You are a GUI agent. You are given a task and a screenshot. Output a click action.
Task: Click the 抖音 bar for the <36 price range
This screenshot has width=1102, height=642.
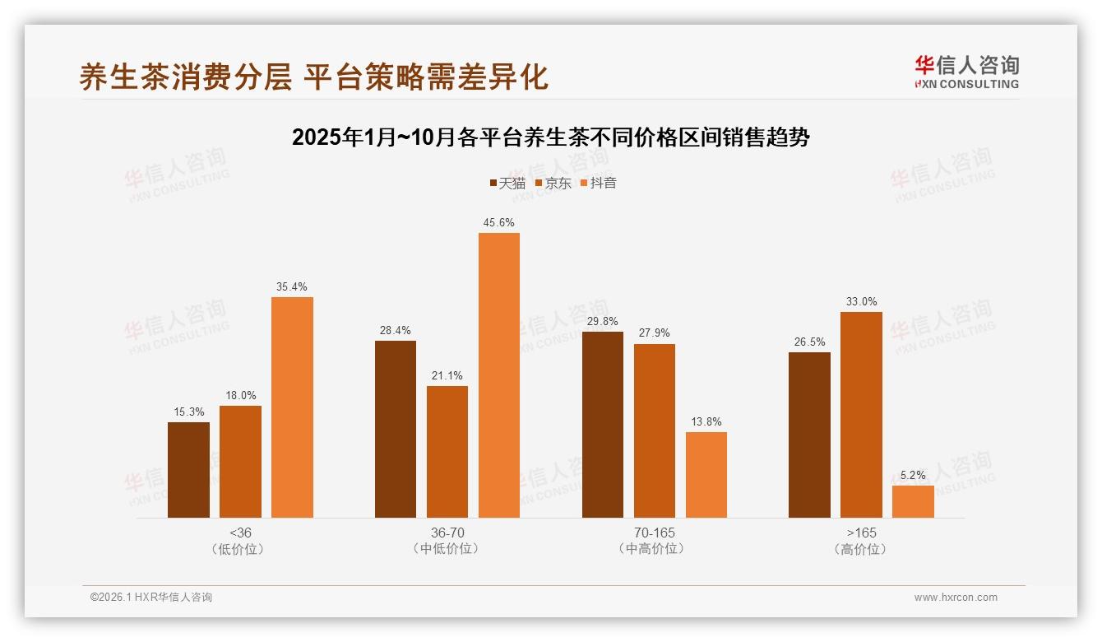[292, 407]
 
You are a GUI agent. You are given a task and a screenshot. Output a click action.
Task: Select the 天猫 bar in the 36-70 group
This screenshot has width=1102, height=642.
[396, 429]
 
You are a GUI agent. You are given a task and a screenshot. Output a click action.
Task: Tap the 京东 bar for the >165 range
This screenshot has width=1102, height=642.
[861, 415]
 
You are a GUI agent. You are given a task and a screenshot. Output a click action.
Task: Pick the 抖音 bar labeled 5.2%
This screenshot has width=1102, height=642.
[913, 501]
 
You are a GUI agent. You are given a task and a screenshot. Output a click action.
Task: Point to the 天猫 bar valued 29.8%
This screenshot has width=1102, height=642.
[603, 425]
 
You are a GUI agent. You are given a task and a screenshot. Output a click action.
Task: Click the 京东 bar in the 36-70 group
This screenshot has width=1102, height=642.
[447, 452]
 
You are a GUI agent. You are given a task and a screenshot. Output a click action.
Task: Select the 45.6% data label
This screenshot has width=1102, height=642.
[499, 223]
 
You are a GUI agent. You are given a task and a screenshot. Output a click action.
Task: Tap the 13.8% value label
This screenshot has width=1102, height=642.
[706, 422]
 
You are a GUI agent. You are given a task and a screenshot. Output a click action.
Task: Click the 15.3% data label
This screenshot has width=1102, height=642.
[188, 412]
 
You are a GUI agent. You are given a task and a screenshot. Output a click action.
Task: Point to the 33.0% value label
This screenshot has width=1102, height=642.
[861, 302]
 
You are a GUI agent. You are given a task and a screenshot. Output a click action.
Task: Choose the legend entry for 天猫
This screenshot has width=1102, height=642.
[507, 184]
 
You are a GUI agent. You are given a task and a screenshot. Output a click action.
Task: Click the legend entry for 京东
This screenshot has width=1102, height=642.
[553, 184]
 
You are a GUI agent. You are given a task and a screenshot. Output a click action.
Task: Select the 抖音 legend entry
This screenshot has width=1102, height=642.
[599, 184]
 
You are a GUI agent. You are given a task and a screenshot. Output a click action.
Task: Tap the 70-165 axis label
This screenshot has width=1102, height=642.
[655, 533]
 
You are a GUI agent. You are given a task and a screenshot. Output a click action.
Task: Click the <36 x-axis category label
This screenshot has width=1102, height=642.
[240, 533]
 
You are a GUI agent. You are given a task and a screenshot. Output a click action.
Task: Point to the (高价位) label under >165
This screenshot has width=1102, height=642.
[861, 549]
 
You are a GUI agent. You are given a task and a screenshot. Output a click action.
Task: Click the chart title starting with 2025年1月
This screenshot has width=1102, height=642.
[551, 137]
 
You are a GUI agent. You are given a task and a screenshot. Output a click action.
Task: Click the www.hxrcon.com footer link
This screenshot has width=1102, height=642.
[956, 598]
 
